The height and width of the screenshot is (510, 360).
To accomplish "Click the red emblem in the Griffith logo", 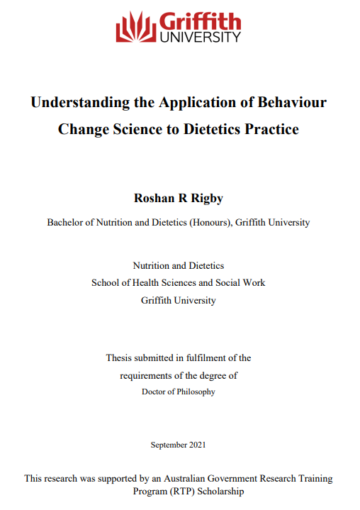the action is [x=136, y=28].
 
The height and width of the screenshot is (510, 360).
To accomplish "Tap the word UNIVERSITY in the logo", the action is [x=201, y=37].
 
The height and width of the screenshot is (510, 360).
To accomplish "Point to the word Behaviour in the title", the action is [x=292, y=102].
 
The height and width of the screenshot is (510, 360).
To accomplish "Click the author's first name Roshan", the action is [x=152, y=199].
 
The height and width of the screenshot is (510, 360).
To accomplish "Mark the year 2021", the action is [x=198, y=445].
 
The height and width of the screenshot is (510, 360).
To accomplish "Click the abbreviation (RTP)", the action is [x=172, y=491].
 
